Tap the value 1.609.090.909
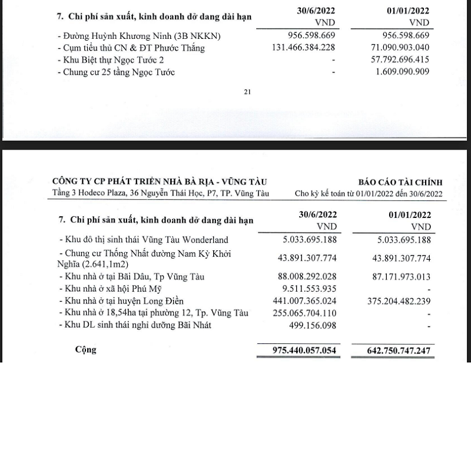398,72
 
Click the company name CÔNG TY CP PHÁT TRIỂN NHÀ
154,181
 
